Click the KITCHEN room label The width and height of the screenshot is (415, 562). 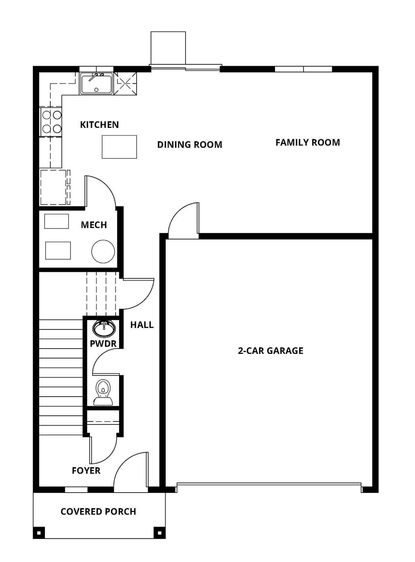(x=99, y=125)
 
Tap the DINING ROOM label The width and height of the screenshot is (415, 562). (x=190, y=144)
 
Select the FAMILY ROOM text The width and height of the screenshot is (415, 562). (x=308, y=142)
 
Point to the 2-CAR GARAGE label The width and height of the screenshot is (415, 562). (x=270, y=351)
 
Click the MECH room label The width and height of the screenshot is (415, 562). (x=94, y=225)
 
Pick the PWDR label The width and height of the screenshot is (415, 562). (x=103, y=344)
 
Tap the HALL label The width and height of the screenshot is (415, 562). (x=142, y=325)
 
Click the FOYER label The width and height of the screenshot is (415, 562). (x=86, y=471)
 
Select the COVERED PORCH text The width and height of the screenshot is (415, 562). (x=98, y=512)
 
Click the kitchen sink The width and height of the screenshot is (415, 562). (x=96, y=84)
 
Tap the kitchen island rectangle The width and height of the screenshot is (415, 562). (x=119, y=147)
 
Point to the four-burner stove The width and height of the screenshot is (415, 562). (x=51, y=122)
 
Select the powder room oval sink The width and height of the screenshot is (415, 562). (x=104, y=328)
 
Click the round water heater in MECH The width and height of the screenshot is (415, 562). (x=103, y=252)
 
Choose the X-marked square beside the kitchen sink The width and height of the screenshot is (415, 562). (x=125, y=84)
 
